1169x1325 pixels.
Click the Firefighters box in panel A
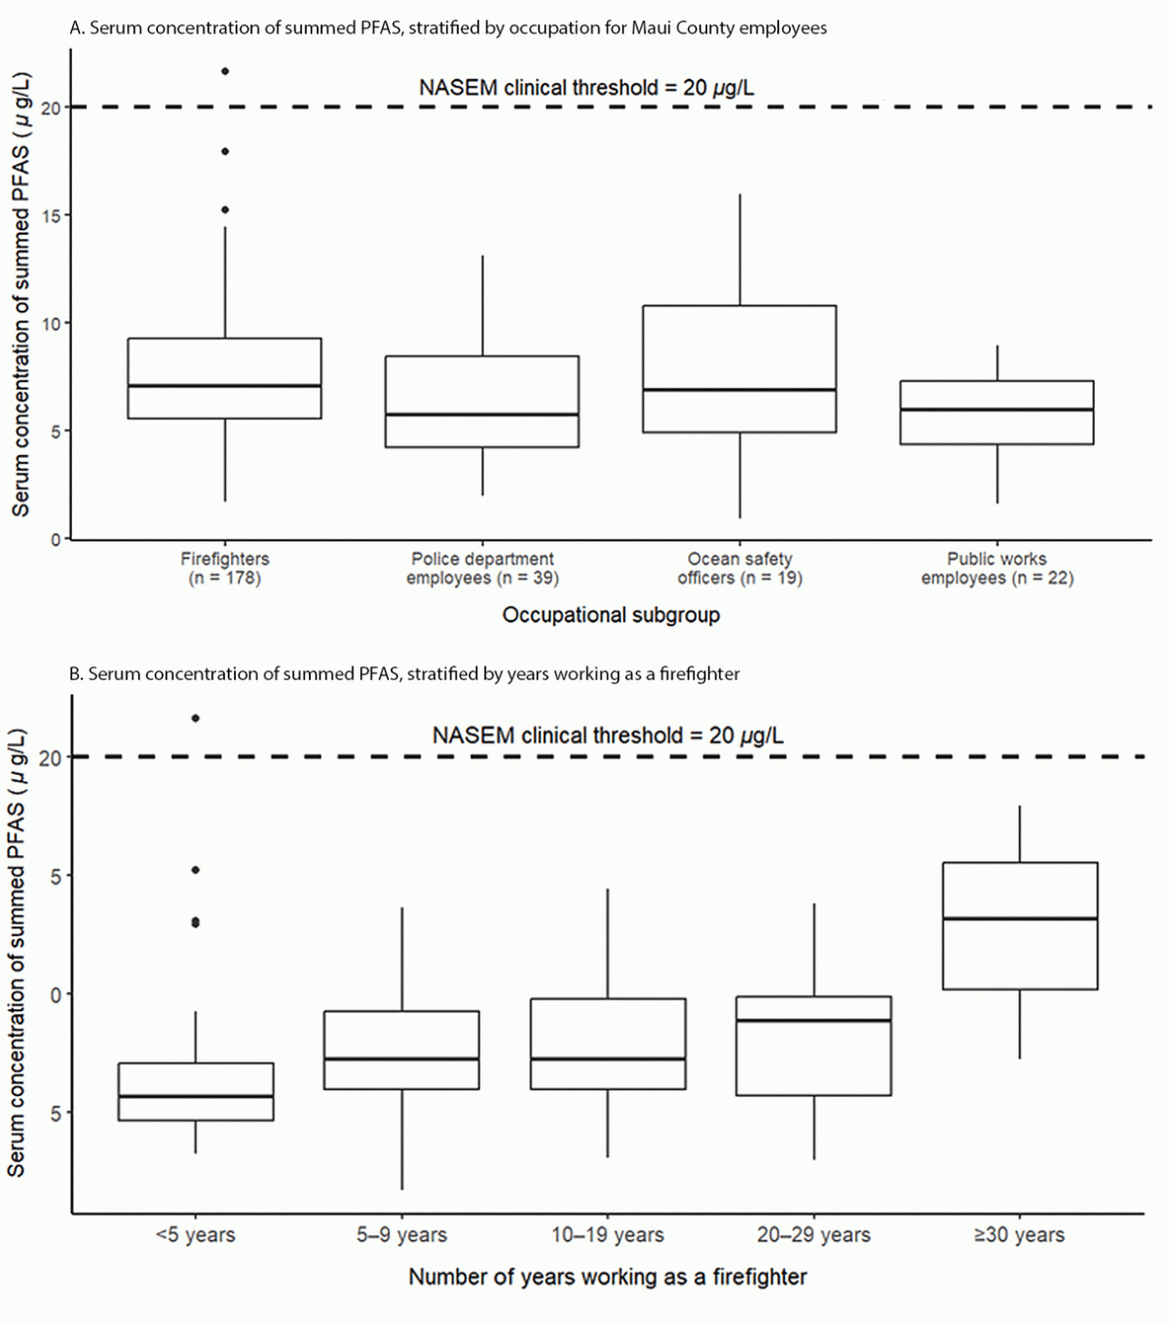pyautogui.click(x=224, y=378)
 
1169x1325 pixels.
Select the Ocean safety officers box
pyautogui.click(x=739, y=368)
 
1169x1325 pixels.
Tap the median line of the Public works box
pyautogui.click(x=996, y=409)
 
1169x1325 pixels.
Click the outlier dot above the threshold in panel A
pyautogui.click(x=225, y=71)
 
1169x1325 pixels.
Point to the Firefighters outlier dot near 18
pyautogui.click(x=225, y=151)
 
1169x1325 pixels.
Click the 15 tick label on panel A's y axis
pyautogui.click(x=50, y=216)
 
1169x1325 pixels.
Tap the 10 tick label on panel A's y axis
pyautogui.click(x=50, y=324)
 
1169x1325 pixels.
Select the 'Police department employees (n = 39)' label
pyautogui.click(x=481, y=568)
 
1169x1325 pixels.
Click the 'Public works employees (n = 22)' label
pyautogui.click(x=996, y=568)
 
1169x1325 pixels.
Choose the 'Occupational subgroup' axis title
pyautogui.click(x=611, y=615)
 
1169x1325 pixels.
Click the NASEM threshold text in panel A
pyautogui.click(x=586, y=88)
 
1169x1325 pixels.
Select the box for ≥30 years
pyautogui.click(x=1019, y=925)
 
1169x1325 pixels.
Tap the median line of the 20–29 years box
pyautogui.click(x=813, y=1020)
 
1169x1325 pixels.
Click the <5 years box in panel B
pyautogui.click(x=195, y=1091)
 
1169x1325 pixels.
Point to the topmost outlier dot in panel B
pyautogui.click(x=195, y=718)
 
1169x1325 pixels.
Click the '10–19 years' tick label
pyautogui.click(x=607, y=1235)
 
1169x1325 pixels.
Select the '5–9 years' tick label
pyautogui.click(x=402, y=1235)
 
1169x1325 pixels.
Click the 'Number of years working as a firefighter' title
pyautogui.click(x=607, y=1277)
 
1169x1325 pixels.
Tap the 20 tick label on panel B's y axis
pyautogui.click(x=49, y=758)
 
